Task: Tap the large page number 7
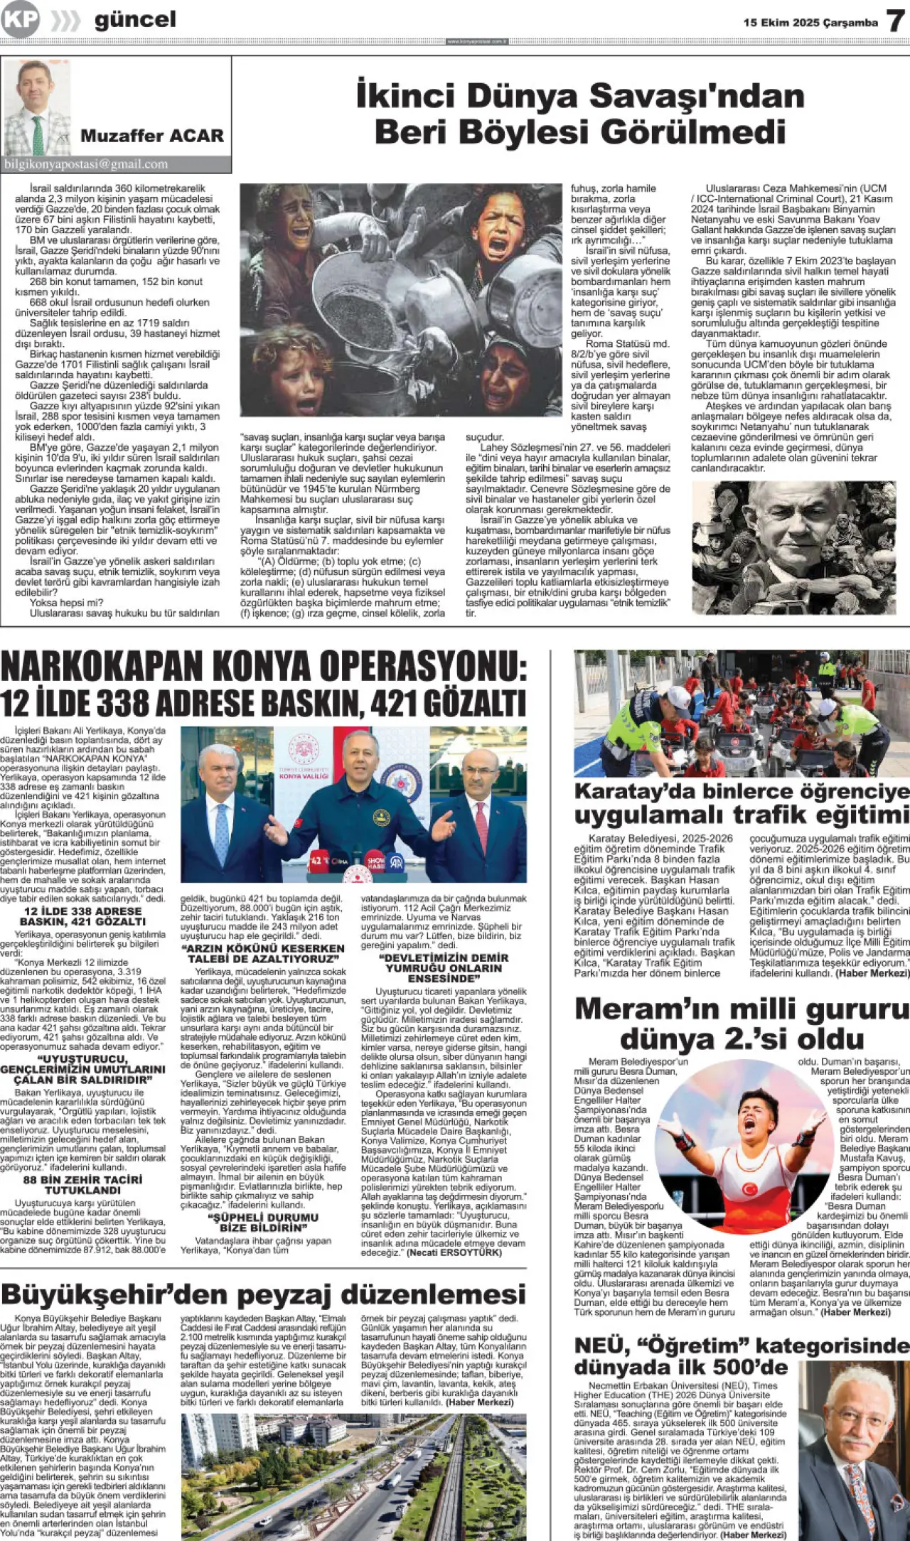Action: pos(895,21)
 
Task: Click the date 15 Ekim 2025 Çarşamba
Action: pos(810,23)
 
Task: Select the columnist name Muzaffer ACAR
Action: pos(151,135)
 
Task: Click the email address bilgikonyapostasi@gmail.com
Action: pos(86,164)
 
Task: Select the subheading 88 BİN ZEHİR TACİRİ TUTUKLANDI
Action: pos(82,1184)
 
